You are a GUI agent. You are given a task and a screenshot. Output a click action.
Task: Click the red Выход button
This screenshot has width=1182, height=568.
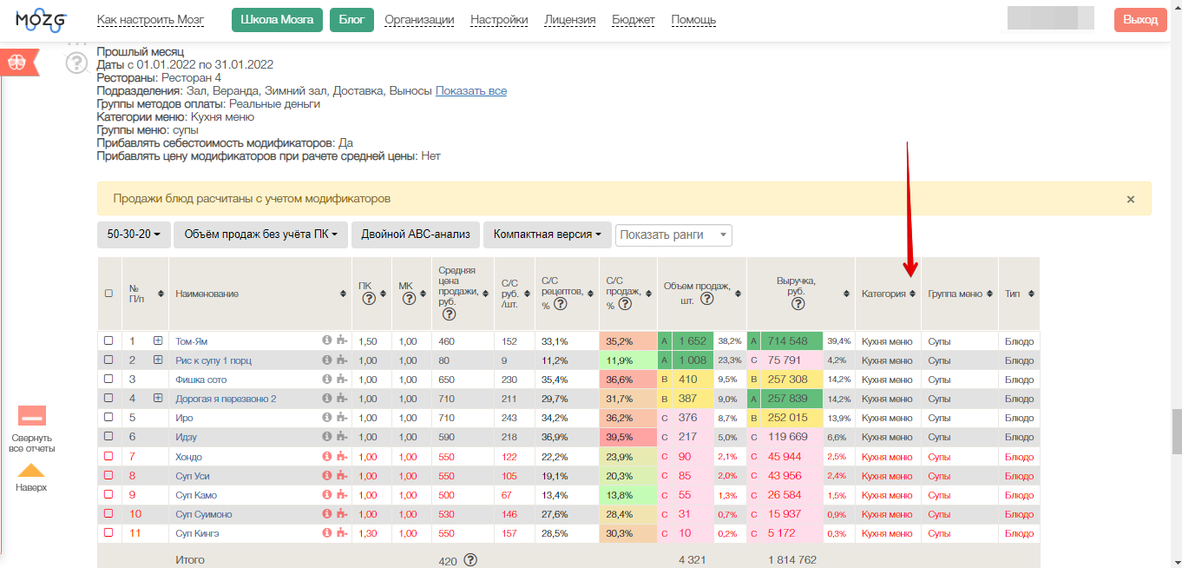pyautogui.click(x=1140, y=20)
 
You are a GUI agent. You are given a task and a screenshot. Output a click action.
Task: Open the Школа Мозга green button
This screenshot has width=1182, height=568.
pyautogui.click(x=277, y=20)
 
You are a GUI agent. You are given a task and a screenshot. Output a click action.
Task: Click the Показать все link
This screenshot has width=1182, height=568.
pyautogui.click(x=470, y=91)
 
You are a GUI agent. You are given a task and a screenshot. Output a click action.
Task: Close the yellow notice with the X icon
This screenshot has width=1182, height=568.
pyautogui.click(x=1130, y=199)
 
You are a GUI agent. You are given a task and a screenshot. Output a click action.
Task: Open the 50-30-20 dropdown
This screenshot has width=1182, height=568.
pyautogui.click(x=134, y=234)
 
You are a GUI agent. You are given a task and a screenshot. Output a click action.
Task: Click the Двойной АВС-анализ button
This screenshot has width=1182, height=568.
pyautogui.click(x=416, y=234)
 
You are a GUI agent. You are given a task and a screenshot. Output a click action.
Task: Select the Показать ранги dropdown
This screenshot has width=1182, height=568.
pyautogui.click(x=673, y=234)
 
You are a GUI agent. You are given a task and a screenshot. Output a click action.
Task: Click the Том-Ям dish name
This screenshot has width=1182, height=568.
pyautogui.click(x=191, y=341)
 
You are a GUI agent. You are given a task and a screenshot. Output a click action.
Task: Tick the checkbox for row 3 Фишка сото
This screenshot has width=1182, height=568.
pyautogui.click(x=108, y=379)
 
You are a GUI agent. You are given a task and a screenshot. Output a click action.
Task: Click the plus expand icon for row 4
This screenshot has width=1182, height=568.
pyautogui.click(x=158, y=398)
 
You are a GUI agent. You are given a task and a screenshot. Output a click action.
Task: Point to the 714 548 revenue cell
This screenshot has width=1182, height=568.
pyautogui.click(x=787, y=341)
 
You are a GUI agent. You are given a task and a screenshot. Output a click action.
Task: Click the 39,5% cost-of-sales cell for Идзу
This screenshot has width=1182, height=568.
pyautogui.click(x=619, y=437)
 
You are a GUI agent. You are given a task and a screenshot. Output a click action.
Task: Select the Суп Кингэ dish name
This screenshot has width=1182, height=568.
pyautogui.click(x=197, y=533)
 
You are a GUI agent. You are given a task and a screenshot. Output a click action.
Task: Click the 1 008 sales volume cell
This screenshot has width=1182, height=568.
pyautogui.click(x=693, y=360)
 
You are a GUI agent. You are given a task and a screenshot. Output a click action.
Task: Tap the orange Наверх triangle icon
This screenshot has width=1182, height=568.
pyautogui.click(x=31, y=471)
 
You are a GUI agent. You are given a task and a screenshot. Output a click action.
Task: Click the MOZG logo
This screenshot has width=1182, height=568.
pyautogui.click(x=41, y=21)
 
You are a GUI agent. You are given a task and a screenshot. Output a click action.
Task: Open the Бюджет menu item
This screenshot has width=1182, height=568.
pyautogui.click(x=634, y=20)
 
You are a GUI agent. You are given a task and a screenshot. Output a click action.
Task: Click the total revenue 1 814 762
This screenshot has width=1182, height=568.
pyautogui.click(x=792, y=559)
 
